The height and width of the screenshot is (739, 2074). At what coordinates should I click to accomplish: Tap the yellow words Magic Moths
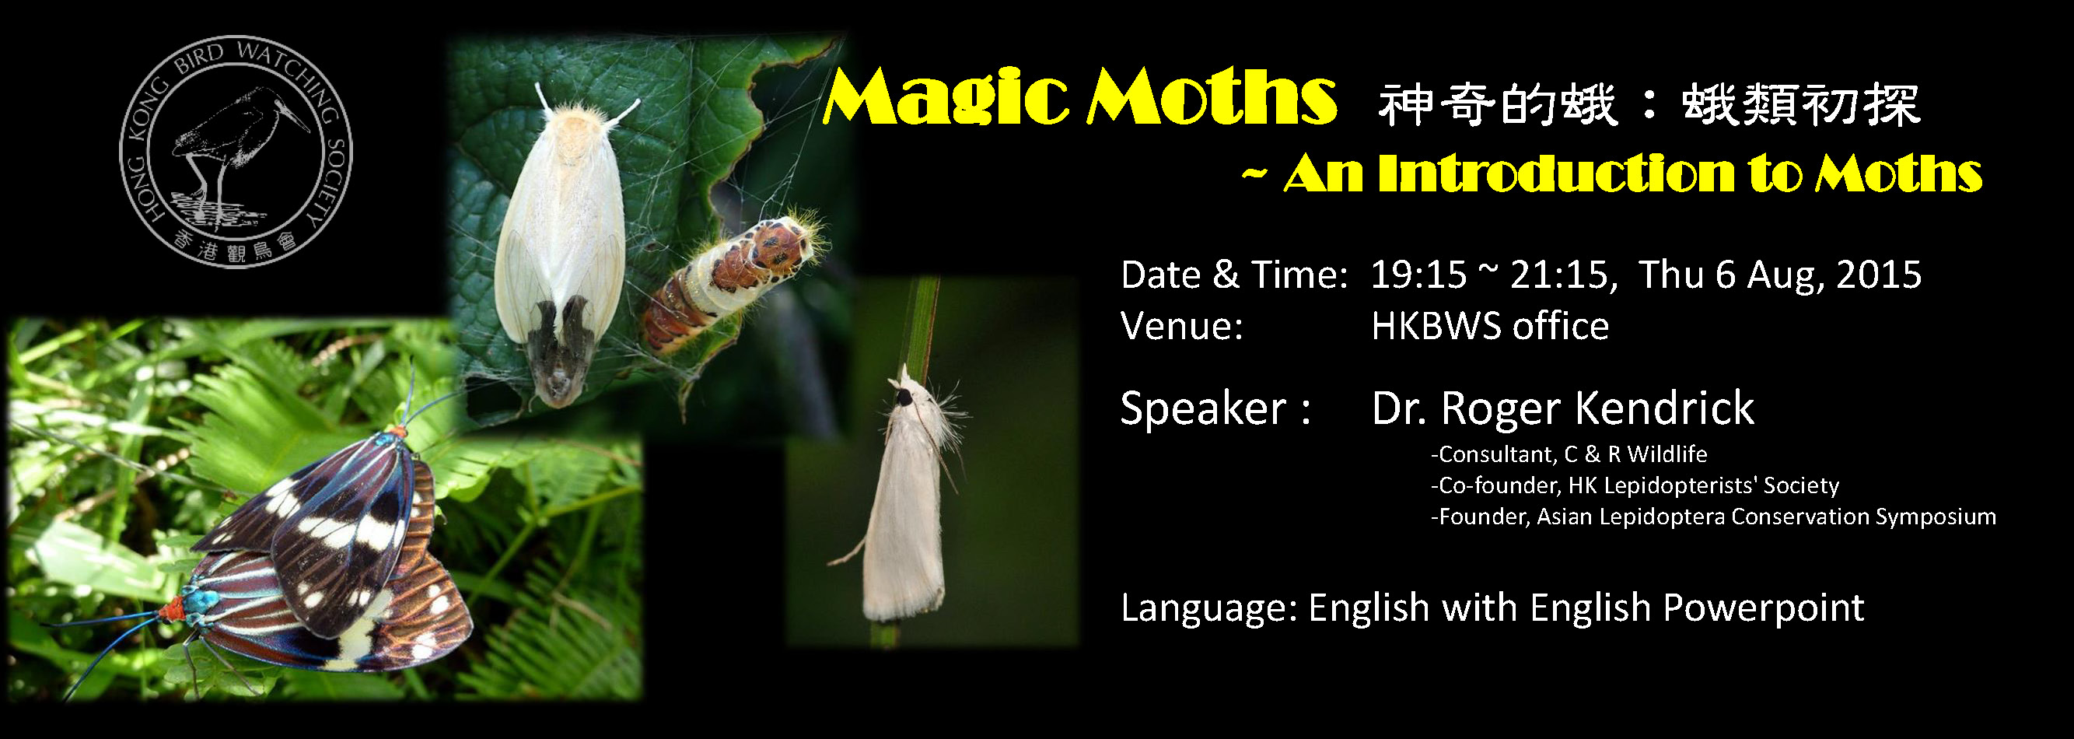pos(1079,99)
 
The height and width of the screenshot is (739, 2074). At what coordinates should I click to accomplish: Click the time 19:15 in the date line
pos(1418,275)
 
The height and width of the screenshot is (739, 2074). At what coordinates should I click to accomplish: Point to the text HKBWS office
pos(1489,327)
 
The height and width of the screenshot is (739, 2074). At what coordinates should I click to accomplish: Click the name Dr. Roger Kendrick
pos(1563,408)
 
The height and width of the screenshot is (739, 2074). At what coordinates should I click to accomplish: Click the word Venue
pos(1182,327)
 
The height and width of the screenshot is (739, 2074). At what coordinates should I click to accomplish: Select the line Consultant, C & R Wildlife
pos(1569,455)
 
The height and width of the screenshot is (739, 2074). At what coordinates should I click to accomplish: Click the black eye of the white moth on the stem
pos(904,396)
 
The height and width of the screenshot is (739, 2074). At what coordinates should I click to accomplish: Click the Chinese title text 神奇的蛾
pos(1498,106)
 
